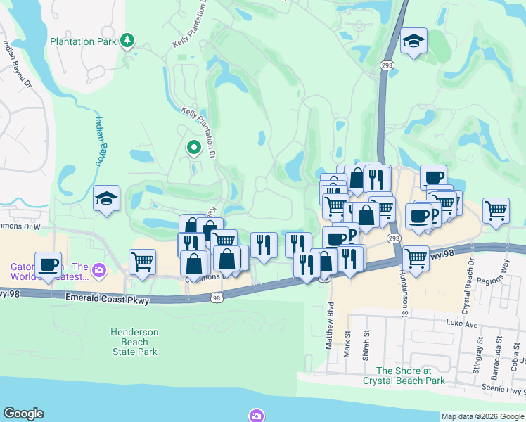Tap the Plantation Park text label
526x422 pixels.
82,41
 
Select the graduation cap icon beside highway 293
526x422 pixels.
413,41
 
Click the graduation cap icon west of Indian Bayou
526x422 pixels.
106,198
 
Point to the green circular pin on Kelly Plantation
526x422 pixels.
193,148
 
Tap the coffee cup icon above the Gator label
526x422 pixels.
48,264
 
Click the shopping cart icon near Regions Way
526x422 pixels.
496,210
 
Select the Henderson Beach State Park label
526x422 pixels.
134,342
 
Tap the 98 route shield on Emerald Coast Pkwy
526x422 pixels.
217,299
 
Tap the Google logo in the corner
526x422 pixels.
24,414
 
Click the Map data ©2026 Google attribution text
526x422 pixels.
482,416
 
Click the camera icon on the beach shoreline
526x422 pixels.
257,415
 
